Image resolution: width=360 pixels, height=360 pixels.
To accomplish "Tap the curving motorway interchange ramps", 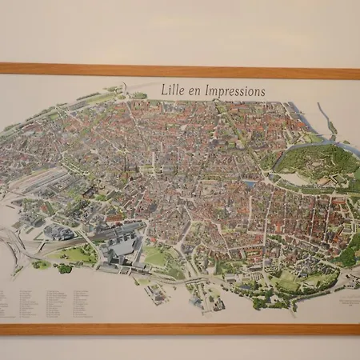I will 16,240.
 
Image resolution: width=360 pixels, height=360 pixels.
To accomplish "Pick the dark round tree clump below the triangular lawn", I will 65,269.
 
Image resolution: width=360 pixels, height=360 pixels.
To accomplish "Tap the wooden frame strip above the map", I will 180,70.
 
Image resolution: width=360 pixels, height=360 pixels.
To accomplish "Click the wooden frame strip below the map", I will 180,329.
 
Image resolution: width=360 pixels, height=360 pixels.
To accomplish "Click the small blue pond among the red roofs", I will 250,184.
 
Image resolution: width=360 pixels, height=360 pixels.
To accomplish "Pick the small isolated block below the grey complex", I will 157,293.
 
